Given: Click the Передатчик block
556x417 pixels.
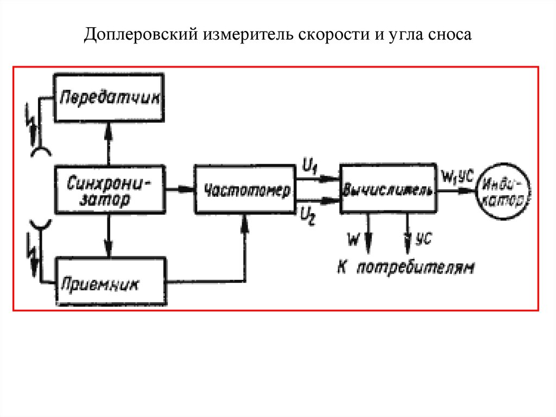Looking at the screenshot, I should [x=110, y=98].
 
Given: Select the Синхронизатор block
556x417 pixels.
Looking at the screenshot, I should [x=110, y=190].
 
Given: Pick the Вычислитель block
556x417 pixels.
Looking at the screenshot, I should [x=387, y=188].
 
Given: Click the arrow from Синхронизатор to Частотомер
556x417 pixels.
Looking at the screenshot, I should [x=180, y=189].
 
